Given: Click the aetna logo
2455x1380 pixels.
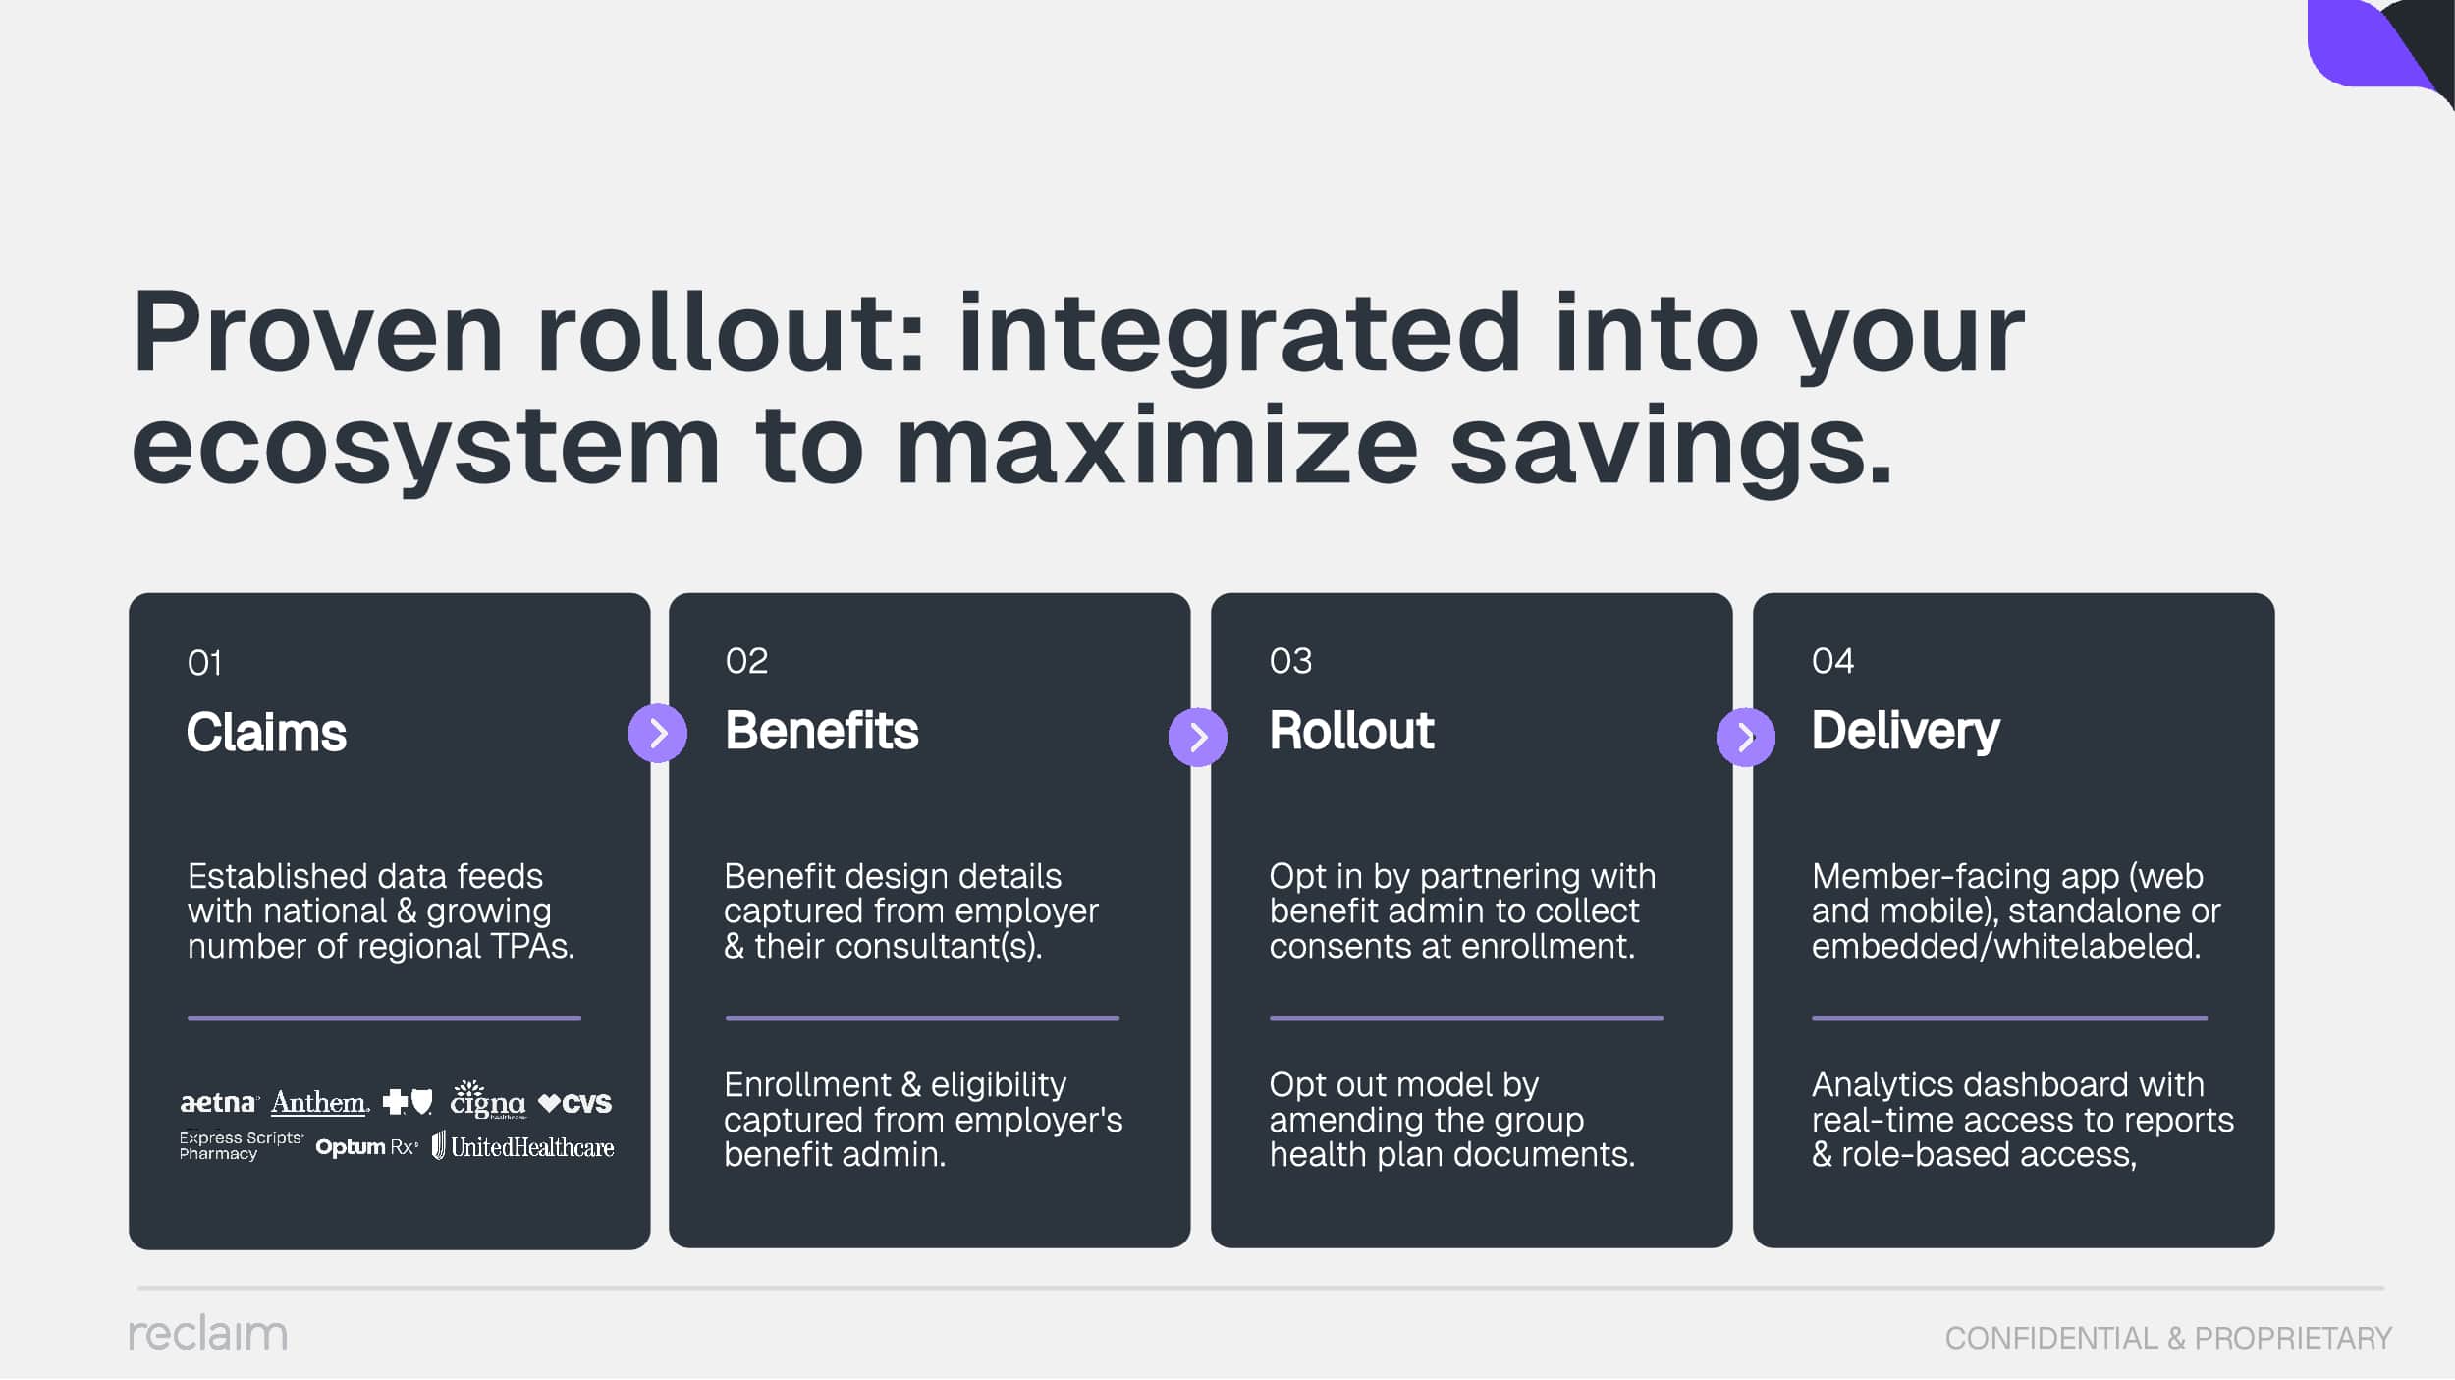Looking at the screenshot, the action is click(x=219, y=1103).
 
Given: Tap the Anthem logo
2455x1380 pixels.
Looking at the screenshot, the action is click(x=320, y=1103).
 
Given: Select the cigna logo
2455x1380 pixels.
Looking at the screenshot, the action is click(x=488, y=1100).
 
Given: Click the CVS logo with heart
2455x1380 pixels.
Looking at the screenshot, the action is click(x=575, y=1104).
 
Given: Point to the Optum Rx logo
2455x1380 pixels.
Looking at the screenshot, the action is click(x=366, y=1147).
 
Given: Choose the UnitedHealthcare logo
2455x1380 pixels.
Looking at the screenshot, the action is click(x=523, y=1146).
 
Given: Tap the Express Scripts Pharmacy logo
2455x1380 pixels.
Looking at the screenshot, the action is click(x=242, y=1146).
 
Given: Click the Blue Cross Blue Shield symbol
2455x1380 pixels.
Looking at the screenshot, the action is click(x=408, y=1102).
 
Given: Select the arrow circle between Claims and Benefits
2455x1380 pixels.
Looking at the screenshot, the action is click(x=658, y=733).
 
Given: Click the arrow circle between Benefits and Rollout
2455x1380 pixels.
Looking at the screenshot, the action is click(x=1198, y=737).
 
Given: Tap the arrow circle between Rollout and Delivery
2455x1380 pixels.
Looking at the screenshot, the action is click(x=1746, y=737).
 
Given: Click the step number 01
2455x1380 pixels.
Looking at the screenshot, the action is click(x=204, y=663).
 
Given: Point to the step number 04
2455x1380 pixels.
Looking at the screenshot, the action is click(x=1832, y=661).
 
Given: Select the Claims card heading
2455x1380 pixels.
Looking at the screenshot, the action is click(x=266, y=733).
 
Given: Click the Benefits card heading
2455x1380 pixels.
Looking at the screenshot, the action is click(x=822, y=731).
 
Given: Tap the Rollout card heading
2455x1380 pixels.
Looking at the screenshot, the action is click(x=1351, y=731).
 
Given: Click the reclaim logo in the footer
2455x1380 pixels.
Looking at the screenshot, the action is click(x=208, y=1334).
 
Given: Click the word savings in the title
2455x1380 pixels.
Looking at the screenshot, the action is click(x=1670, y=446).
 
